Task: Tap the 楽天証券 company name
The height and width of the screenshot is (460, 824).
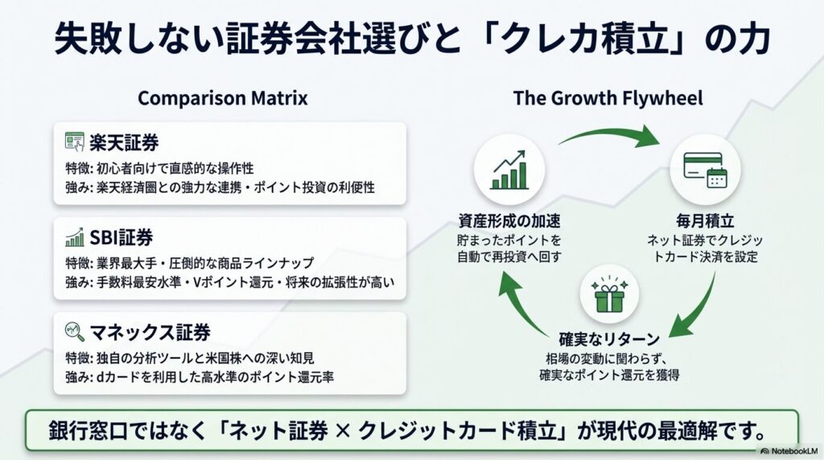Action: [125, 142]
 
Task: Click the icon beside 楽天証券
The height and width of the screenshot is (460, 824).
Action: [75, 142]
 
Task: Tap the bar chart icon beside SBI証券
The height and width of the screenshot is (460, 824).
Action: [75, 237]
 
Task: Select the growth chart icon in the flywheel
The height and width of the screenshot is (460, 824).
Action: [509, 168]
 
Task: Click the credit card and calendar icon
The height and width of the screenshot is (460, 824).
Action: [703, 168]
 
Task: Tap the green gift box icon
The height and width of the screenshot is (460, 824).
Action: [608, 297]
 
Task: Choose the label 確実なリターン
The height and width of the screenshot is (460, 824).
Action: [608, 340]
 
